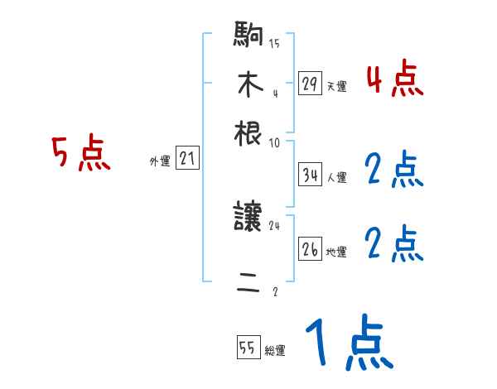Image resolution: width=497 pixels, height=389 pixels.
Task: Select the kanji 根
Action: click(249, 132)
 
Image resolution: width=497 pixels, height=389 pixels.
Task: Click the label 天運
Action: click(335, 86)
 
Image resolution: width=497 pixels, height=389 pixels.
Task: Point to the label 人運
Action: click(336, 177)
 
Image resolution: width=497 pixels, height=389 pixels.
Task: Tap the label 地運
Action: click(336, 252)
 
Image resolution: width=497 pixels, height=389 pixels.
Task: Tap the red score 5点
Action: click(81, 154)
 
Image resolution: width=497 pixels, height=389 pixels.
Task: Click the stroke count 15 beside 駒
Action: click(274, 44)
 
